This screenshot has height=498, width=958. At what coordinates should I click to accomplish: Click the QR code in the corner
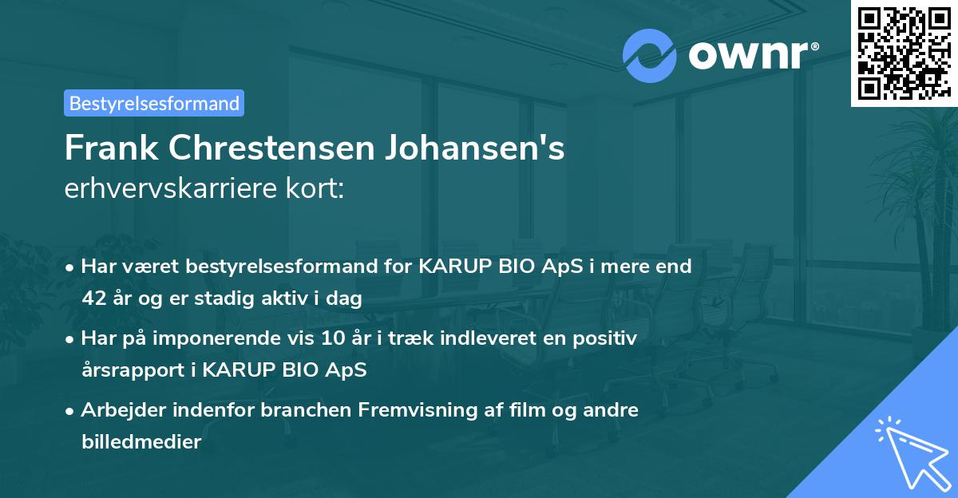click(904, 53)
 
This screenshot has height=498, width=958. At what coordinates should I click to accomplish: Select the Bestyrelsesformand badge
click(154, 103)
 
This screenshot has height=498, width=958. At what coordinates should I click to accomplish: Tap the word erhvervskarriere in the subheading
click(172, 189)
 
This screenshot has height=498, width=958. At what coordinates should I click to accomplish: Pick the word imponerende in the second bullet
click(217, 338)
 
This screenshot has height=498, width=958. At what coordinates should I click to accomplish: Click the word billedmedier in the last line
click(141, 441)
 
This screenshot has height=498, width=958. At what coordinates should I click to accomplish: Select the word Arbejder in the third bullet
click(119, 410)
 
